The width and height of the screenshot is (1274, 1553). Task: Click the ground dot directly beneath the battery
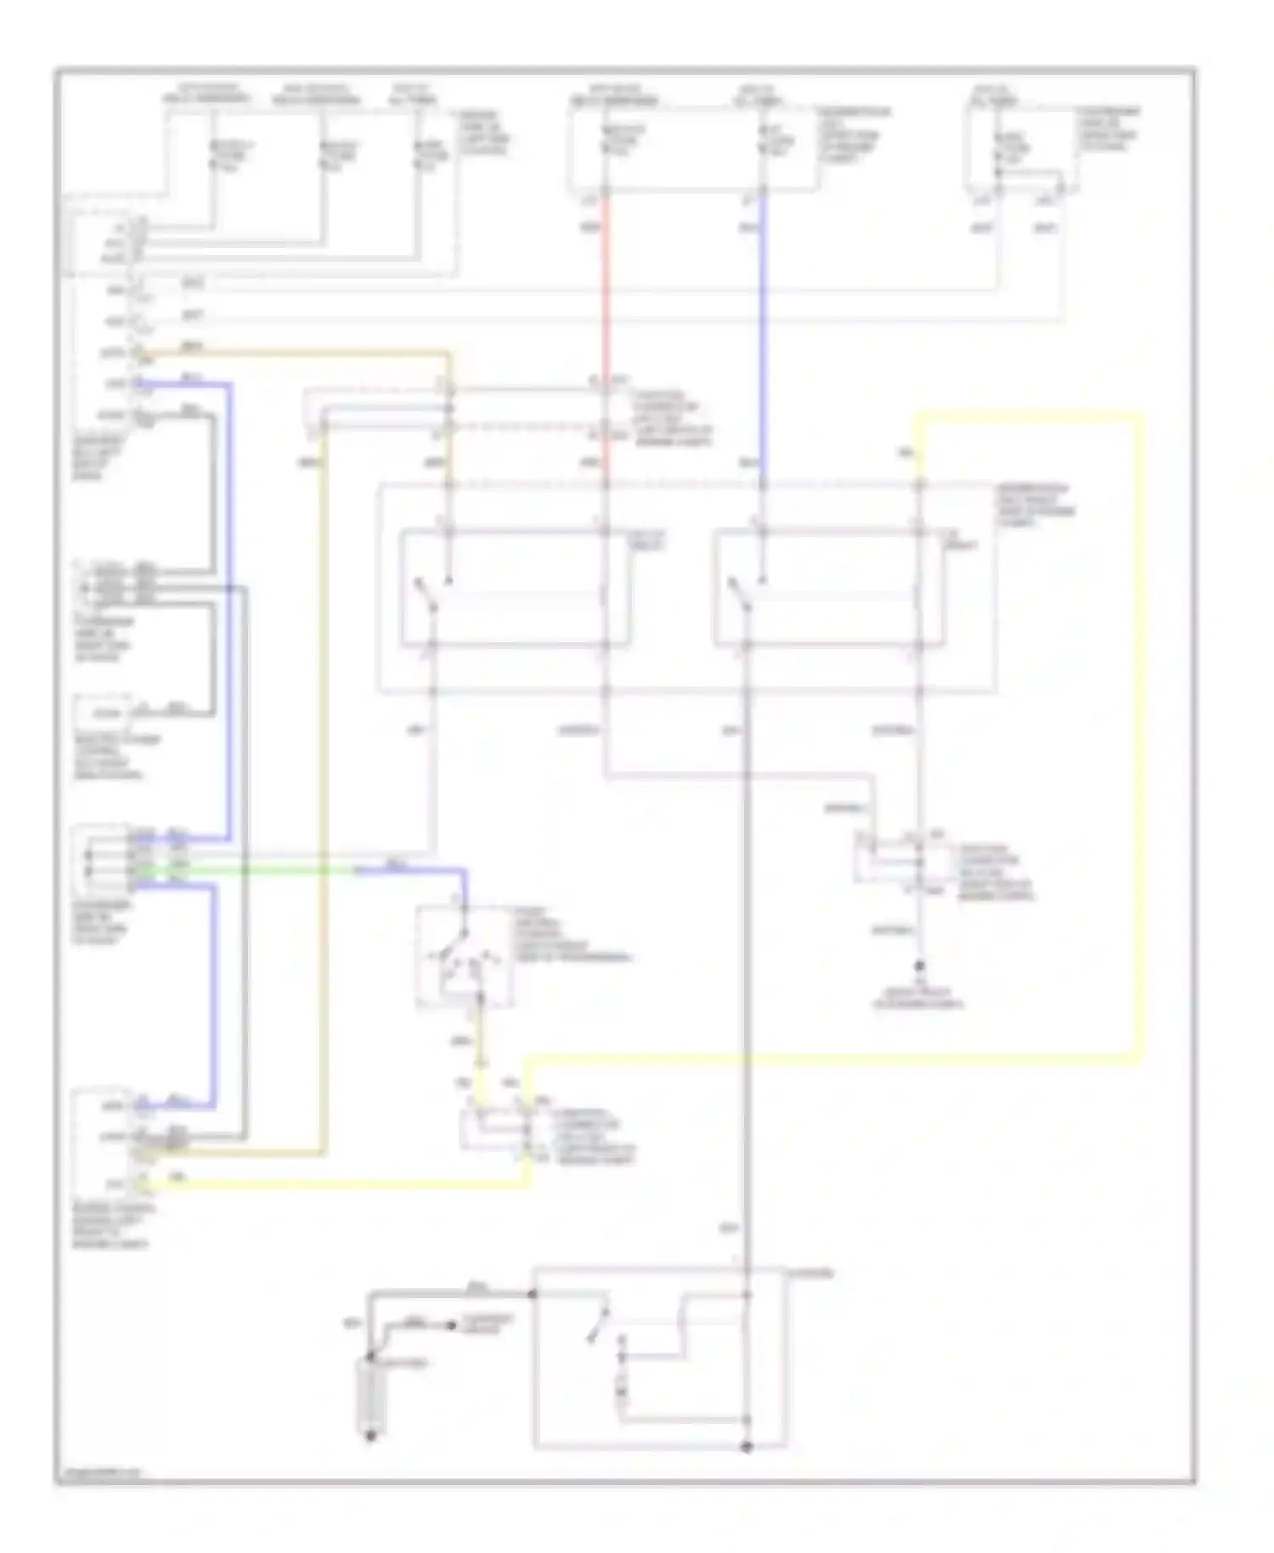pyautogui.click(x=370, y=1437)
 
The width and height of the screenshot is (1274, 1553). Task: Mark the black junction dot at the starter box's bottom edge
pyautogui.click(x=747, y=1447)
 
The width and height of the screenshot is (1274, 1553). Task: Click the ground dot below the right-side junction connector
pyautogui.click(x=919, y=967)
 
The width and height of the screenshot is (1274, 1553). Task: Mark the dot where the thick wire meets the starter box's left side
pyautogui.click(x=533, y=1294)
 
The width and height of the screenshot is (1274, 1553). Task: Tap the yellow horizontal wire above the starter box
pyautogui.click(x=832, y=1058)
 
